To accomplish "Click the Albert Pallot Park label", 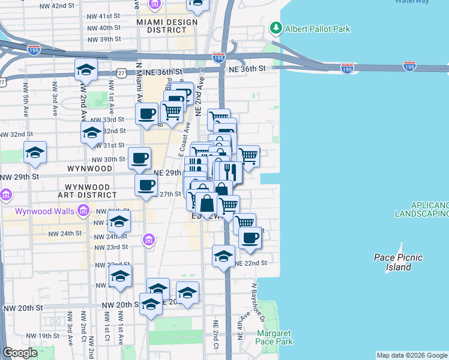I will point(318,28).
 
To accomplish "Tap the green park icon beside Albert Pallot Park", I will point(276,27).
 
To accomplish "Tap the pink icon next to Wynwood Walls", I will point(83,211).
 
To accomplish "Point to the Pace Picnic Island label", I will point(398,262).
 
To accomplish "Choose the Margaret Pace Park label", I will point(274,337).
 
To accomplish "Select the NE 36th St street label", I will point(247,69).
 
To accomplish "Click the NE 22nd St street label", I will point(250,263).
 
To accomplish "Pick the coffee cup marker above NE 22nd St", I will point(250,237).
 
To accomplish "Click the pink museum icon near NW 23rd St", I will point(148,241).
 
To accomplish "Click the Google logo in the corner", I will point(20,353).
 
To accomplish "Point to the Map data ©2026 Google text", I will point(412,355).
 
